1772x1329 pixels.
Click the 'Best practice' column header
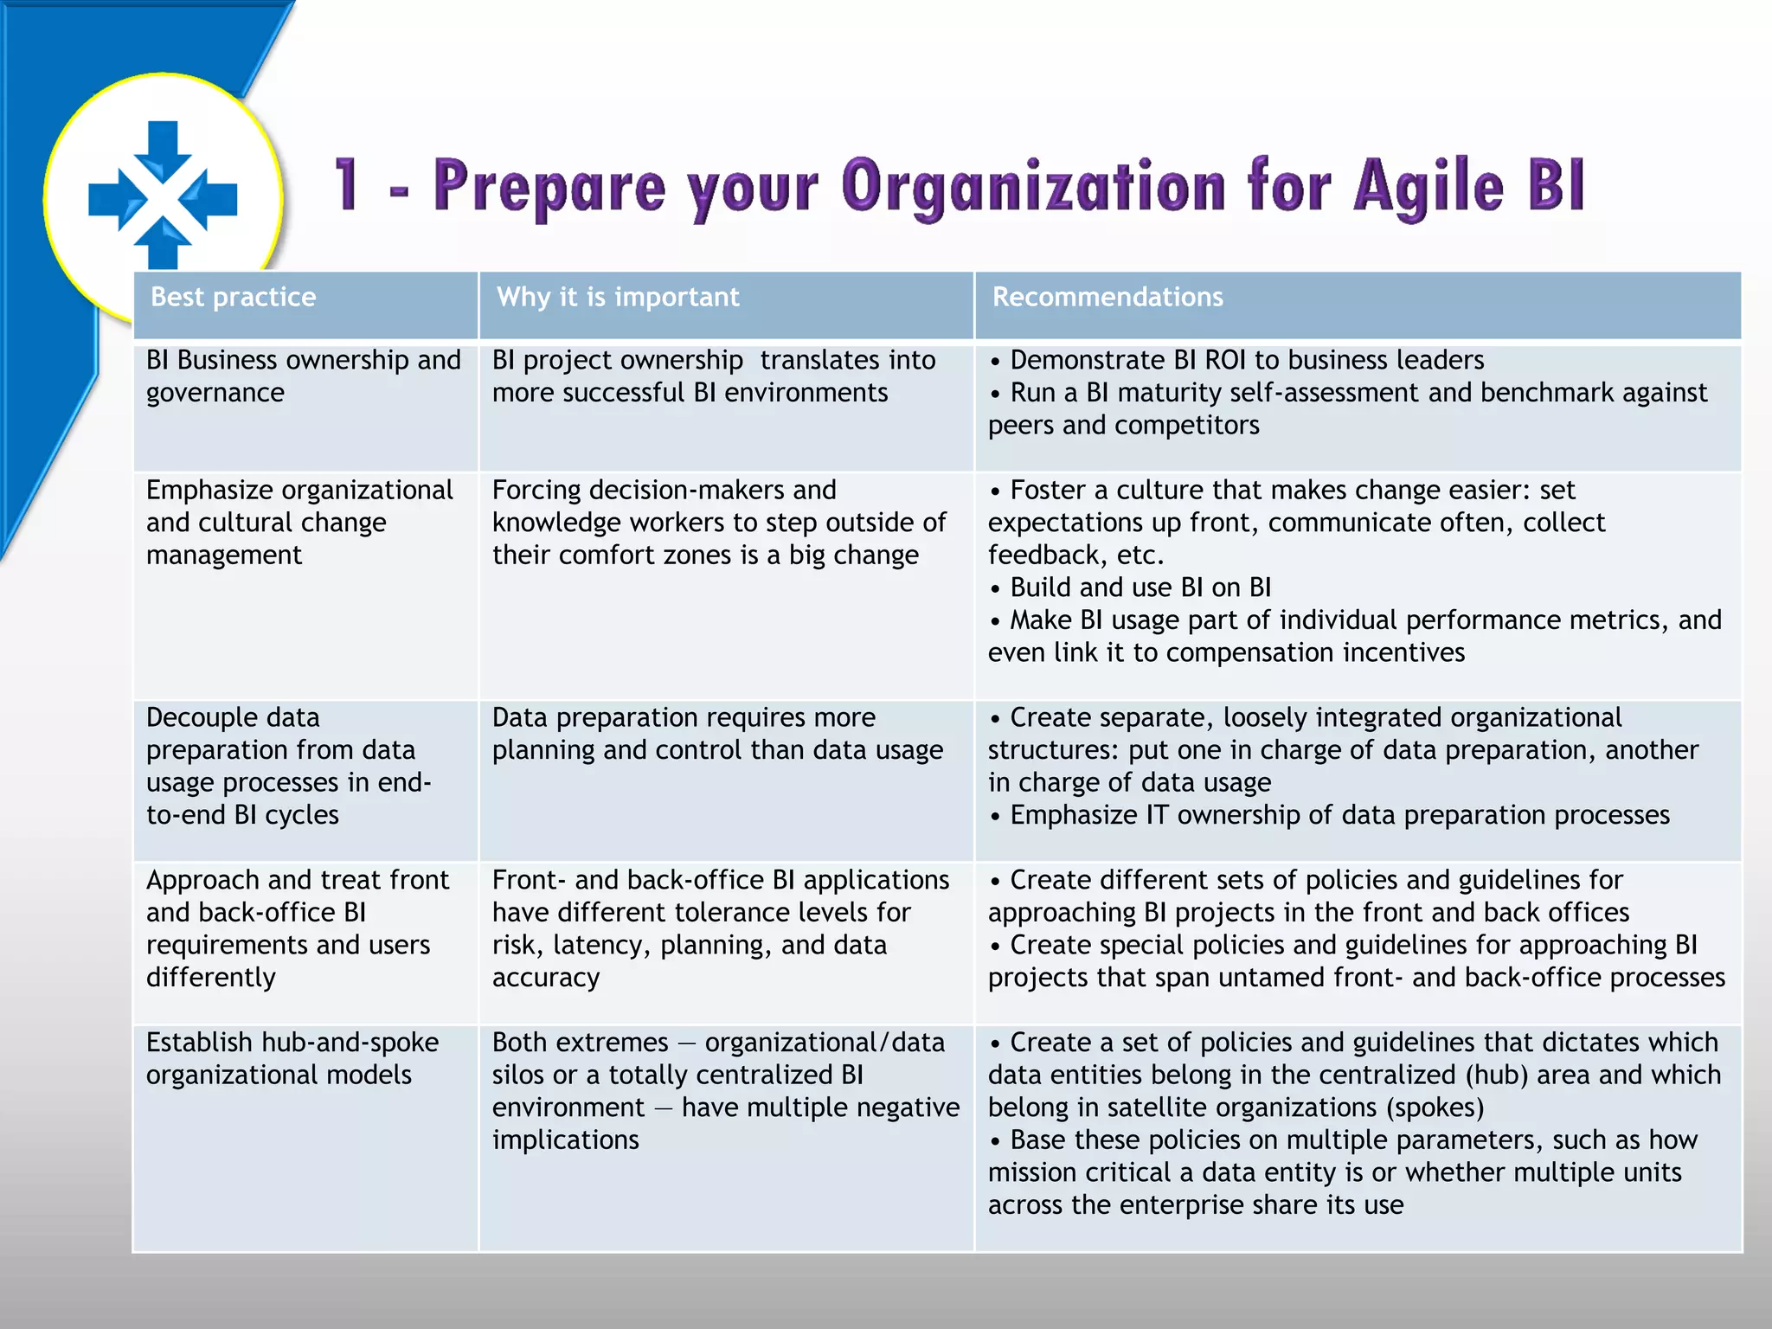(x=234, y=297)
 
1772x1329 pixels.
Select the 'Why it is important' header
(x=618, y=297)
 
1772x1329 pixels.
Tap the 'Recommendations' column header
(x=1107, y=297)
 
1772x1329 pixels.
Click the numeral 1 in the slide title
(x=347, y=184)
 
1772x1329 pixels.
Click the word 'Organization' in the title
(x=1033, y=185)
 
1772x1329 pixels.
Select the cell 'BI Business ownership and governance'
(x=303, y=376)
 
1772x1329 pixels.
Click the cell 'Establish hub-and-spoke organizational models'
(x=292, y=1058)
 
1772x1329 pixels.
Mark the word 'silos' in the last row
(x=518, y=1075)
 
